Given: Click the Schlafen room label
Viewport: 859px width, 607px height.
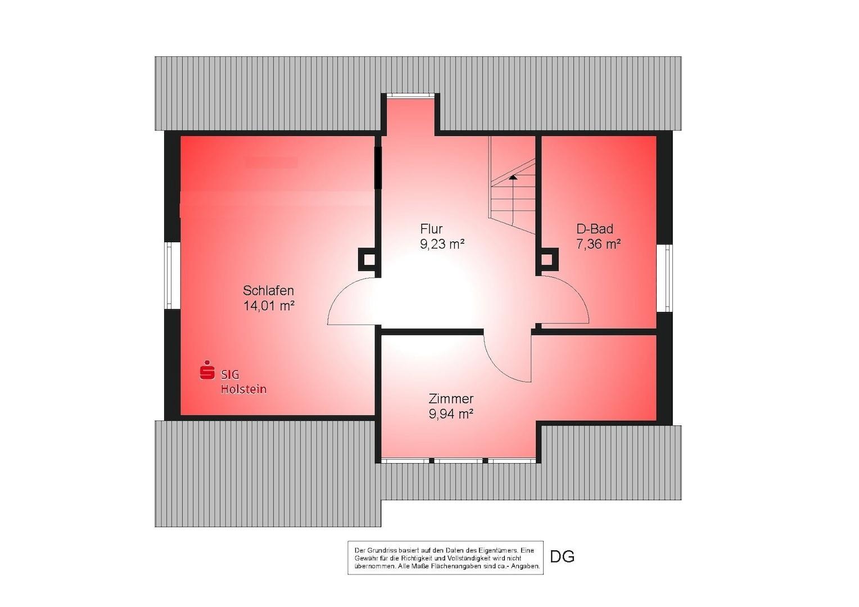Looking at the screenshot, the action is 269,290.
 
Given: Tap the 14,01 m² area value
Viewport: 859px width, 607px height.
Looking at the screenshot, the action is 269,306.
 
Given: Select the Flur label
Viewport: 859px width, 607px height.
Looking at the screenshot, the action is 431,229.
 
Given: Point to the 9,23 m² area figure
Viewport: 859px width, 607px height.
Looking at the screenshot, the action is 442,244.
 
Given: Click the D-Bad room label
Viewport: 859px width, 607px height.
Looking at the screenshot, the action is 595,229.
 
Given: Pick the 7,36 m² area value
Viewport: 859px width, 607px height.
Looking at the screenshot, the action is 599,244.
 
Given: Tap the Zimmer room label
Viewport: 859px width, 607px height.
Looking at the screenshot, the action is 451,399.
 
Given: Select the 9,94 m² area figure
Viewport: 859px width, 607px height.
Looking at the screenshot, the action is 451,414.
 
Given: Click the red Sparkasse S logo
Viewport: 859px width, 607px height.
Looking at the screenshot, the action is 207,370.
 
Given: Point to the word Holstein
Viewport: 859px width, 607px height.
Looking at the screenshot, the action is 243,389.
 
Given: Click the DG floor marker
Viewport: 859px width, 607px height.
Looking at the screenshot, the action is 562,556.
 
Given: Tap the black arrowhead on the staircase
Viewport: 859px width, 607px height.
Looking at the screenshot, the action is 513,177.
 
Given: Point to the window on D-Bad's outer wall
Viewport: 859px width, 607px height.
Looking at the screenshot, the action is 664,278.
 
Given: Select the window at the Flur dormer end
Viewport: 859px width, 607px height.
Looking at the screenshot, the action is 410,96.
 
